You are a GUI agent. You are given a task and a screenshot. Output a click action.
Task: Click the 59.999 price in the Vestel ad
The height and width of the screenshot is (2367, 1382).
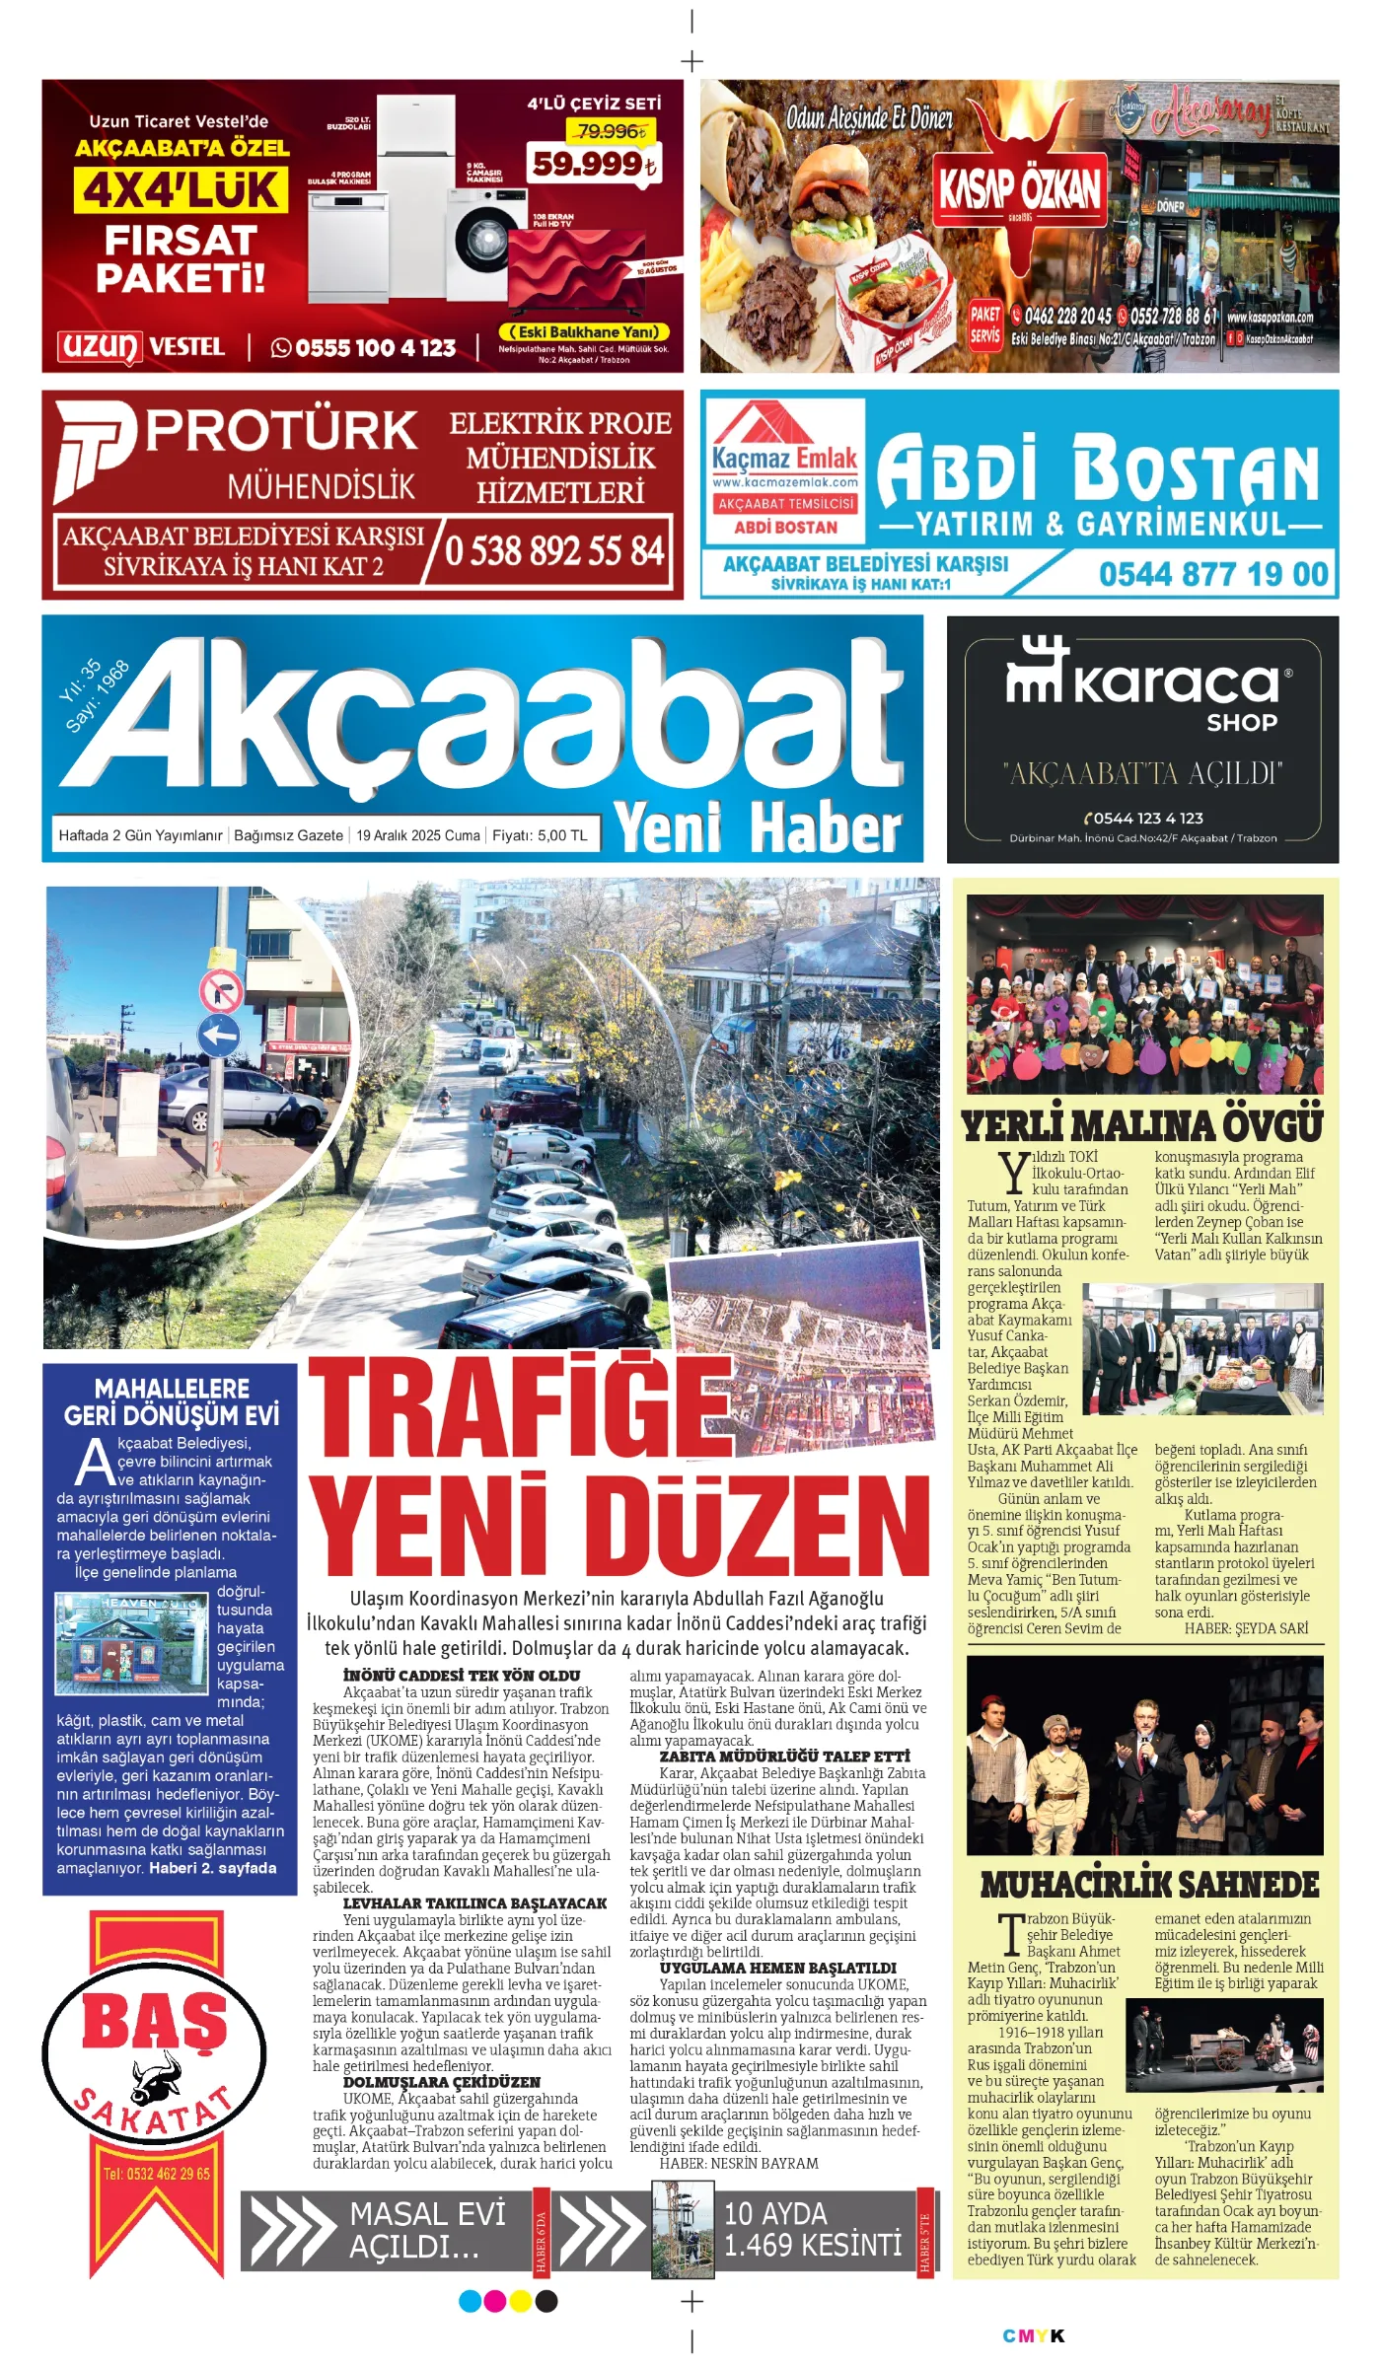(593, 164)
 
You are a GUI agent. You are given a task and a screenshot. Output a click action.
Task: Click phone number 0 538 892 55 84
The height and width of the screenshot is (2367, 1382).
(554, 550)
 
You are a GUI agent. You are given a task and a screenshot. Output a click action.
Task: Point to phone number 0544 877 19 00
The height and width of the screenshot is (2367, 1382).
(1213, 574)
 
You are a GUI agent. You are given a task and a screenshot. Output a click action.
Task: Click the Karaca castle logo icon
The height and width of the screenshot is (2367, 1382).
(1036, 671)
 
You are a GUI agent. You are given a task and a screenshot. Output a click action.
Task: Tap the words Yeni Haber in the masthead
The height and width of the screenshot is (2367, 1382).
(758, 828)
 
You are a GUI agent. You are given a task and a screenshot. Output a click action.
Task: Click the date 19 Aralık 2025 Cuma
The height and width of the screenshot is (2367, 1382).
(418, 835)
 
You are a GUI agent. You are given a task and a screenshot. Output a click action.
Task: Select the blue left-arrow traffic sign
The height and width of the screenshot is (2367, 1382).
(219, 1036)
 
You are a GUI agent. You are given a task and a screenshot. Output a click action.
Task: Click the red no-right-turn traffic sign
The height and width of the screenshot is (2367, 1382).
(221, 990)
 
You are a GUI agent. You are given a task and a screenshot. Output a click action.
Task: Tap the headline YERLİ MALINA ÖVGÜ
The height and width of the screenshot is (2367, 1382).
(1142, 1126)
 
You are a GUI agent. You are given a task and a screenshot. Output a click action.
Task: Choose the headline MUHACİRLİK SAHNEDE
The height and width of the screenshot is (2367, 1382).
(1149, 1885)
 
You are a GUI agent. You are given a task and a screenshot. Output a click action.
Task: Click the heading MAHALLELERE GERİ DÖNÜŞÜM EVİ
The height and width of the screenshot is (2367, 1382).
(172, 1402)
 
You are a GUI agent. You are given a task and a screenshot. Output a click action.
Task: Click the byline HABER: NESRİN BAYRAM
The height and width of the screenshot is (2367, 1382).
(739, 2163)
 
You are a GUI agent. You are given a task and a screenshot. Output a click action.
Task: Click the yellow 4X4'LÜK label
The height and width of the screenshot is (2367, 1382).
(182, 189)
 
